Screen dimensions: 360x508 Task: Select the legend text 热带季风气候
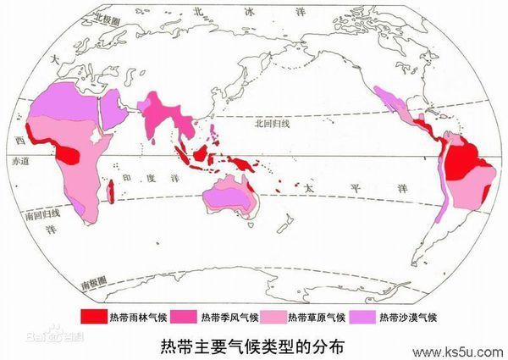[x=224, y=318]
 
